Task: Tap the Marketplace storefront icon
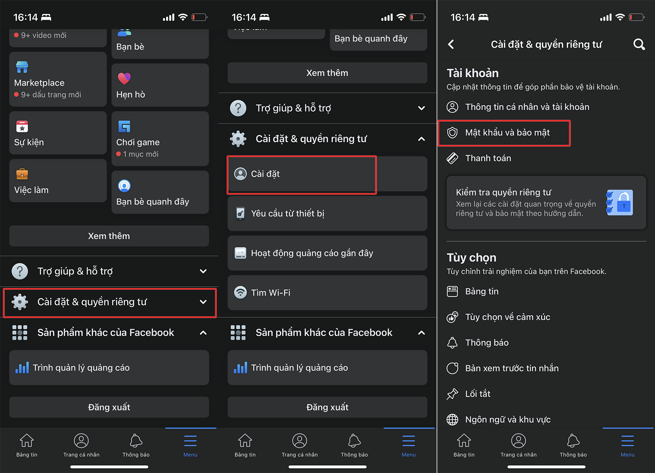22,67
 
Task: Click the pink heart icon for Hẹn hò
124,78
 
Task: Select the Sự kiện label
29,142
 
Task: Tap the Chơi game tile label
138,142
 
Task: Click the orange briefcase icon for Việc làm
22,174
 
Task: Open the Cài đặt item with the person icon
265,174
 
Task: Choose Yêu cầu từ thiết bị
287,213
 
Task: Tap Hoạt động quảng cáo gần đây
312,253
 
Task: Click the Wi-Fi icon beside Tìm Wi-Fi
240,292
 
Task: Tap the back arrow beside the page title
451,44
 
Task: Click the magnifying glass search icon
639,44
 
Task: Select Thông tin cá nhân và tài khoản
527,107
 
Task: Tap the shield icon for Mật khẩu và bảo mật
452,133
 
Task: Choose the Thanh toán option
488,158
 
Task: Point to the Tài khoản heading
472,73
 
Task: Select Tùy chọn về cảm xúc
508,317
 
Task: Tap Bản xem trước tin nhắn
512,368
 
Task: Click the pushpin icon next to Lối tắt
452,394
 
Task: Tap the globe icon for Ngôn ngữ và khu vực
452,419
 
